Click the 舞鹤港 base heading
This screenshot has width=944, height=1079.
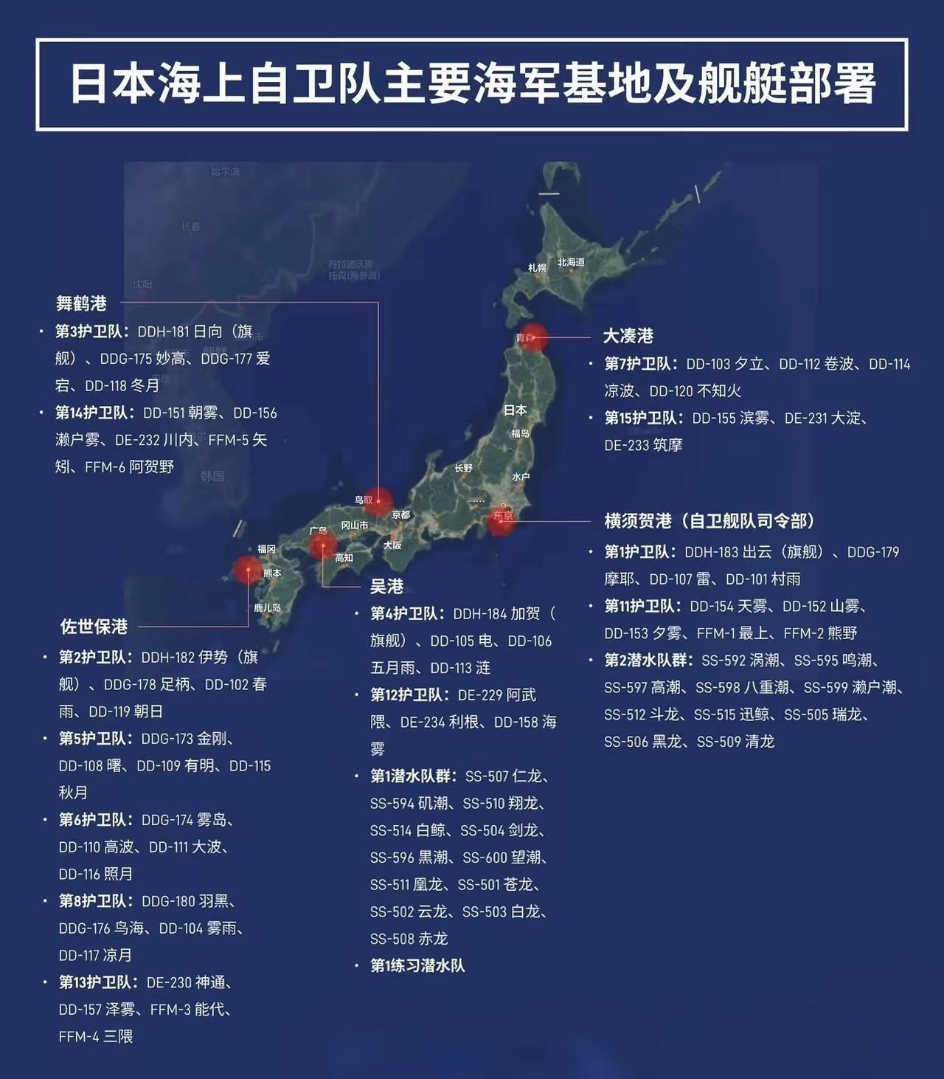pyautogui.click(x=81, y=303)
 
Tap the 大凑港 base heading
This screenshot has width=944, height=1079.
pyautogui.click(x=628, y=336)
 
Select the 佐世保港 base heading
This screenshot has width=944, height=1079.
pyautogui.click(x=94, y=627)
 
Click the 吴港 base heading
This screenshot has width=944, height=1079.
pyautogui.click(x=386, y=586)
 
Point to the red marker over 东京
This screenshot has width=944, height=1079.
pyautogui.click(x=502, y=519)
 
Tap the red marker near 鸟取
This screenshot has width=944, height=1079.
pyautogui.click(x=379, y=501)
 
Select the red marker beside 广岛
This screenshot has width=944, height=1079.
pyautogui.click(x=322, y=546)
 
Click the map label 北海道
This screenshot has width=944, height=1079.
pyautogui.click(x=571, y=262)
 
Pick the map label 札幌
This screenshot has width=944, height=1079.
pyautogui.click(x=537, y=268)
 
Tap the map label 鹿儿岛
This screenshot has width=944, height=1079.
pyautogui.click(x=267, y=607)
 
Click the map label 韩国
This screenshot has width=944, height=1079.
pyautogui.click(x=212, y=476)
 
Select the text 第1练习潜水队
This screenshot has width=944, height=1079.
pyautogui.click(x=417, y=965)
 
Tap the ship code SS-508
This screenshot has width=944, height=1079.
pyautogui.click(x=392, y=939)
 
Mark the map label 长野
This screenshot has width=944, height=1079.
pyautogui.click(x=463, y=468)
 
